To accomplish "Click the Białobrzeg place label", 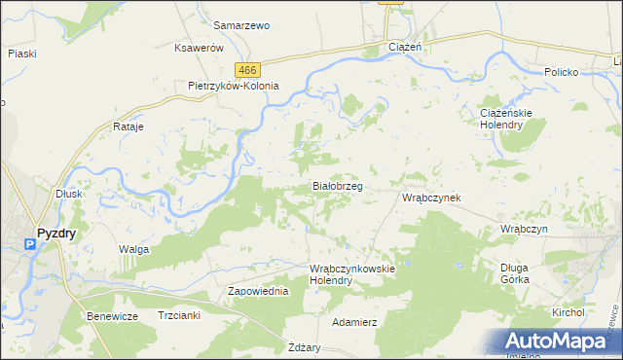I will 337,185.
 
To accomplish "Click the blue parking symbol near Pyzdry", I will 29,245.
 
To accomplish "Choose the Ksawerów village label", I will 199,48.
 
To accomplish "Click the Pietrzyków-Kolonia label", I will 234,86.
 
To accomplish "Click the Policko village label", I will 562,73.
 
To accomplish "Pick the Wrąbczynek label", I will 431,198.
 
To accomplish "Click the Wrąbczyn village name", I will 525,228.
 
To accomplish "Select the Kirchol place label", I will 567,312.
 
